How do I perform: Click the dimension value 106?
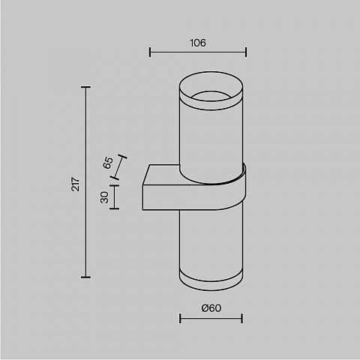[198, 43]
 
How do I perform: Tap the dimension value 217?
[76, 184]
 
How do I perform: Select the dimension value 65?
[108, 163]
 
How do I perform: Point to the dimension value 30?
[104, 197]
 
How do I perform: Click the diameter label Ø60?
[211, 308]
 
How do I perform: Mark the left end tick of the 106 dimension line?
[150, 52]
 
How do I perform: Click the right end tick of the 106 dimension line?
[246, 52]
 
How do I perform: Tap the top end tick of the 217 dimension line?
[85, 87]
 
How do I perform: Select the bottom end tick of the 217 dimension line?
[85, 277]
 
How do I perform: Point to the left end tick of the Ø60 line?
[180, 319]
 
